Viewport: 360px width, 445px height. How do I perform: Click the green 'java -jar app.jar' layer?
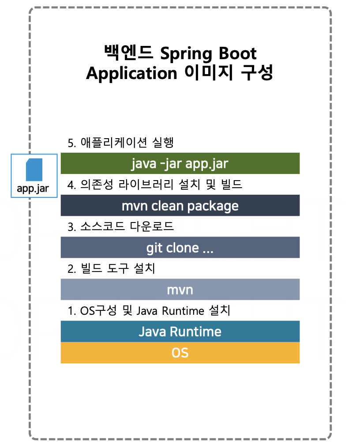click(x=180, y=163)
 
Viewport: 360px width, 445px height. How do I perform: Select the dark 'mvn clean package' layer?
click(x=180, y=205)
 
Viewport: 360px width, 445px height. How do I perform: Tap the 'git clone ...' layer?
click(x=180, y=247)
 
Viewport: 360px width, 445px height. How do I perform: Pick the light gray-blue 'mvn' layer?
click(x=180, y=290)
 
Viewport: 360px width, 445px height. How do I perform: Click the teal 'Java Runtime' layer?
click(x=180, y=331)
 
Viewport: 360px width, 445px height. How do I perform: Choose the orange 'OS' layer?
click(x=180, y=353)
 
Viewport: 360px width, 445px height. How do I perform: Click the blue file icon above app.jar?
click(x=34, y=170)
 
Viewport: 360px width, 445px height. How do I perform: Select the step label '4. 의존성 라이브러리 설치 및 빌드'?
click(x=155, y=185)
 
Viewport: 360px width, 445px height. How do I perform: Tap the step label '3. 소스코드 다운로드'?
click(x=120, y=226)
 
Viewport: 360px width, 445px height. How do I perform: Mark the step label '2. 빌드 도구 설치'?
click(x=111, y=268)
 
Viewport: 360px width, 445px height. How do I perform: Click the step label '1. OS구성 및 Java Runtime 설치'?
click(x=149, y=310)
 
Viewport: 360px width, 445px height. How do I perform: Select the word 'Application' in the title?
click(x=131, y=74)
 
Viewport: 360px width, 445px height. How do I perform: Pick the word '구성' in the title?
click(x=257, y=73)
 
